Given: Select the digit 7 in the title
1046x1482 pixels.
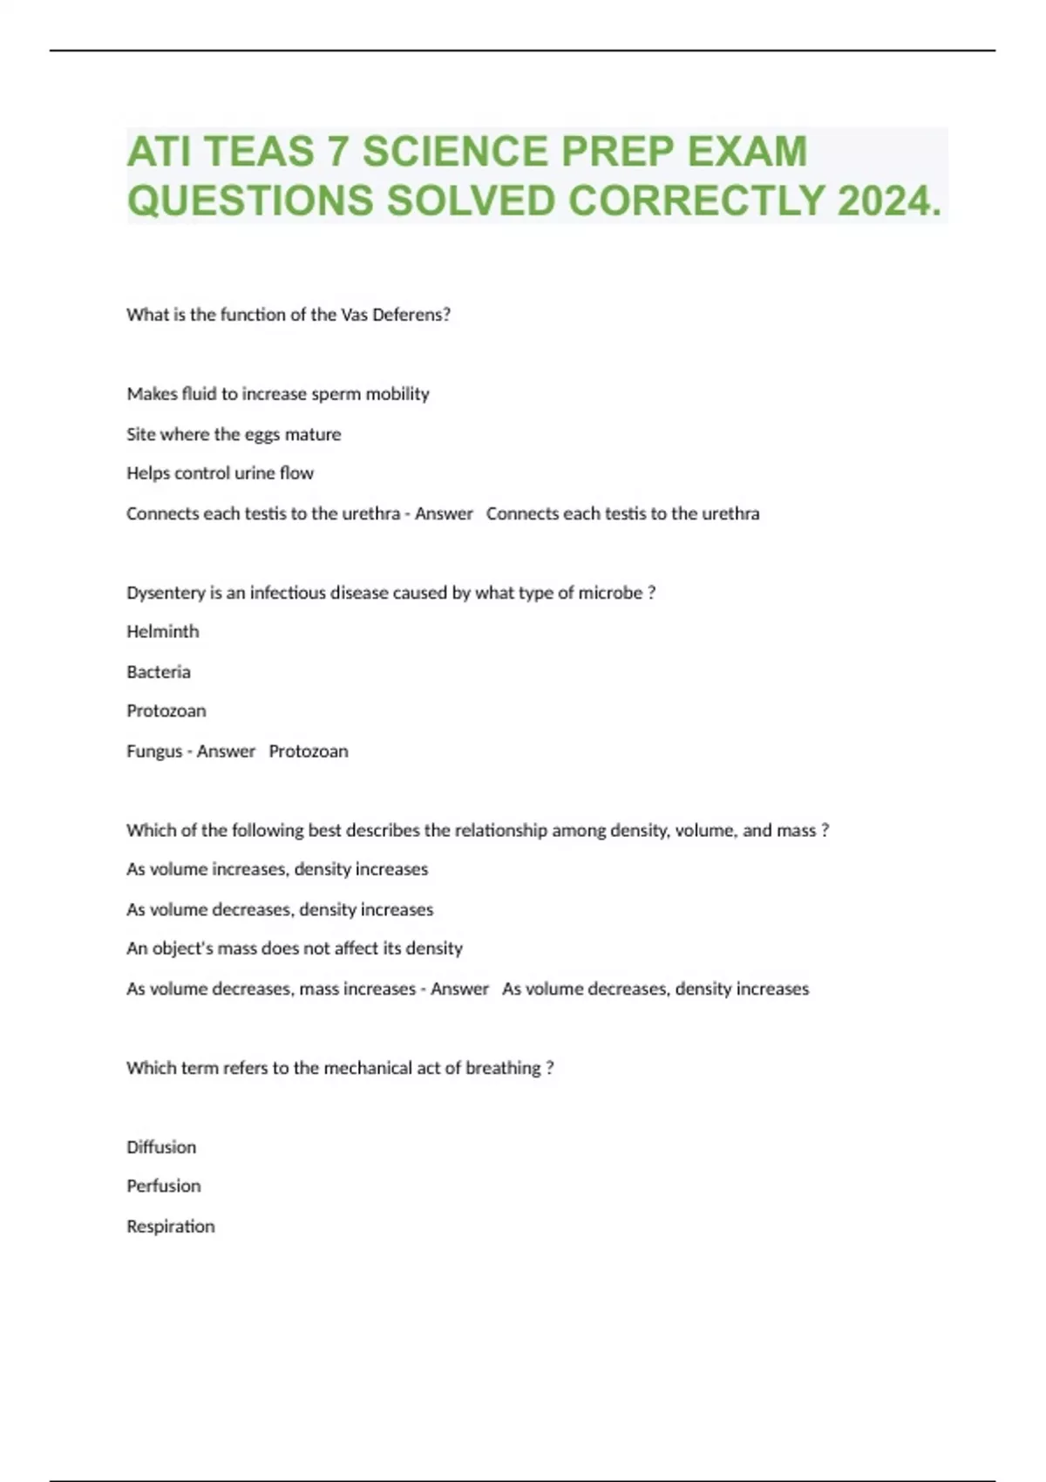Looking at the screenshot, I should pyautogui.click(x=337, y=152).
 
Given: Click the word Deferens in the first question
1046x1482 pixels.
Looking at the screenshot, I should pyautogui.click(x=411, y=315).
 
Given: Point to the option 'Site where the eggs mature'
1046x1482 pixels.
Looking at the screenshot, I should pyautogui.click(x=234, y=434).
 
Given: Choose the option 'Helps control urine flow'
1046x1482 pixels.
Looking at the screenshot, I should pyautogui.click(x=220, y=473).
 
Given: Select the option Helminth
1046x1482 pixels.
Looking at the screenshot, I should pyautogui.click(x=162, y=631).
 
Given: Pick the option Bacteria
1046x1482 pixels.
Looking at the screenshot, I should pyautogui.click(x=158, y=671).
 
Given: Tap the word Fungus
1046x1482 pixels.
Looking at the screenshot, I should pyautogui.click(x=154, y=751).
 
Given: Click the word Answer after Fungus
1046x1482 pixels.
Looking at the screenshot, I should pyautogui.click(x=226, y=751).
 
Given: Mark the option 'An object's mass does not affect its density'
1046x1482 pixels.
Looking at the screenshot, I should pyautogui.click(x=294, y=948).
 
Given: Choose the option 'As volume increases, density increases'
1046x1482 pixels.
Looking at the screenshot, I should pyautogui.click(x=277, y=869).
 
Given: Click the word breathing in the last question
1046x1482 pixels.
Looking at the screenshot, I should pyautogui.click(x=503, y=1068).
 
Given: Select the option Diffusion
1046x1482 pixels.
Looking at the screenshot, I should pyautogui.click(x=161, y=1147).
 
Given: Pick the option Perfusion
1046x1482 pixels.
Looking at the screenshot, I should pyautogui.click(x=163, y=1186).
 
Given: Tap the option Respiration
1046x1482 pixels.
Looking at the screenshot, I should pyautogui.click(x=170, y=1227).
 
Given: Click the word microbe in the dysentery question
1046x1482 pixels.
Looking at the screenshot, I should pyautogui.click(x=610, y=593).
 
